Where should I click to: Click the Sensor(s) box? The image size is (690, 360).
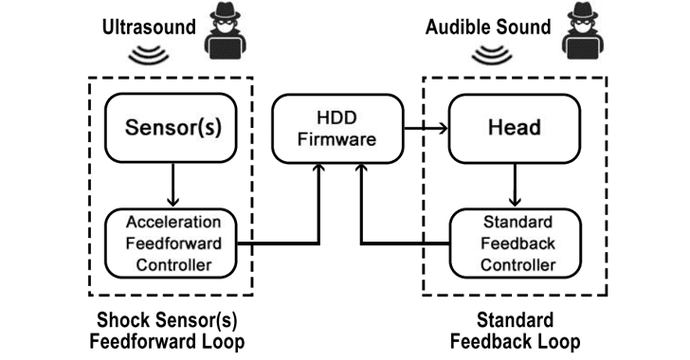tap(171, 128)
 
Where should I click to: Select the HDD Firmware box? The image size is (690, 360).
tap(337, 129)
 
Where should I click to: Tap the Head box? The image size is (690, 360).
tap(515, 129)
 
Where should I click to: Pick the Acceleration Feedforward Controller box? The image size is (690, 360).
tap(171, 243)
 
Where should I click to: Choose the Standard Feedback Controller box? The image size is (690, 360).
tap(516, 243)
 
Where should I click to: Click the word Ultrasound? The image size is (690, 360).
tap(149, 27)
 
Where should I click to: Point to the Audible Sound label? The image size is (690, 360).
tap(488, 27)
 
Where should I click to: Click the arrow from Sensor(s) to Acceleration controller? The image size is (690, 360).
tap(172, 185)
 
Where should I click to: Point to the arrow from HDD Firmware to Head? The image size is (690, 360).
tap(426, 129)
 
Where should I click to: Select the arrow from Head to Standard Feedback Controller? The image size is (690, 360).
tap(515, 186)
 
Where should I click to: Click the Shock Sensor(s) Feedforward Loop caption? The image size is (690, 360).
tap(167, 331)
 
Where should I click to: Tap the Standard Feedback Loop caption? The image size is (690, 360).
tap(515, 331)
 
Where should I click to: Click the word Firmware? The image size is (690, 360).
tap(337, 139)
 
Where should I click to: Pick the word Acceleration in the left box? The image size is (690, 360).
tap(173, 223)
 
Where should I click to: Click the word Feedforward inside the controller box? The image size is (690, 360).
tap(173, 243)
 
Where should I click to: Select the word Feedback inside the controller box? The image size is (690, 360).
tap(517, 243)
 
